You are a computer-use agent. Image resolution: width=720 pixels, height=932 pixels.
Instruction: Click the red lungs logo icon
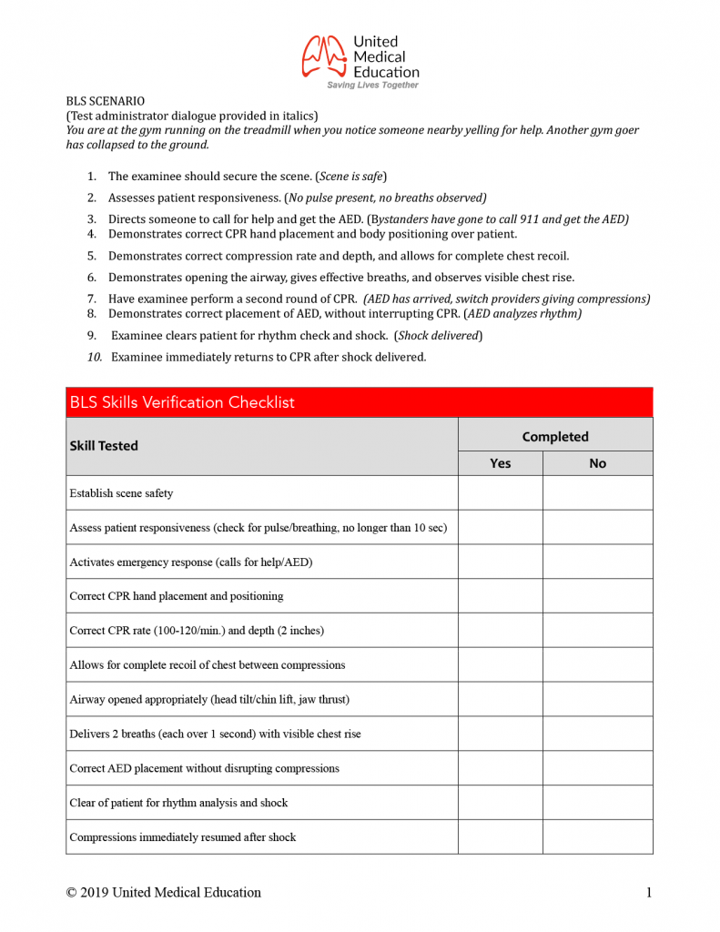pos(324,56)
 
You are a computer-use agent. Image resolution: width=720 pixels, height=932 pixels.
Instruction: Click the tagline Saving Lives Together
pos(373,85)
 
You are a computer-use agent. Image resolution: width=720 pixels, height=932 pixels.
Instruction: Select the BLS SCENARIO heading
pos(105,101)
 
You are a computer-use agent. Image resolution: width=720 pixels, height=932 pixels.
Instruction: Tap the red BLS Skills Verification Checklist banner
pos(359,402)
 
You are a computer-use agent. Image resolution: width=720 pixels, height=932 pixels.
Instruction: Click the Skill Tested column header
pos(104,446)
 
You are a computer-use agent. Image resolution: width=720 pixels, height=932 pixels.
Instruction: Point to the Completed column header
pos(554,437)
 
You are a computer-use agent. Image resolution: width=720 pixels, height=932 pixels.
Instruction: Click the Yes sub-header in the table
pos(500,463)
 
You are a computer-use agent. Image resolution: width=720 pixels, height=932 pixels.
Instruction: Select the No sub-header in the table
pos(597,463)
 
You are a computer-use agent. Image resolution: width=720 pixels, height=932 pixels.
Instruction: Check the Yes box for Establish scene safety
pos(500,493)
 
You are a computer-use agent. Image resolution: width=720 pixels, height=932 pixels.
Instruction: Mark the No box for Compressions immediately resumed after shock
pos(597,836)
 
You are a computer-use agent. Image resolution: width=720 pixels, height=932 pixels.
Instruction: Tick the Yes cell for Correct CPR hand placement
pos(500,596)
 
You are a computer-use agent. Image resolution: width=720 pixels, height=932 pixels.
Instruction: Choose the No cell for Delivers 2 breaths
pos(597,734)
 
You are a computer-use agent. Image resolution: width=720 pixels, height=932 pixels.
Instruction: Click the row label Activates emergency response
pos(190,562)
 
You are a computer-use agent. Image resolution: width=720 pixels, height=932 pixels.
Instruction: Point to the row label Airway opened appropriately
pos(208,699)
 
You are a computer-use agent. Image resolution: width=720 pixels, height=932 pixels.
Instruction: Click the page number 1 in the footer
pos(649,893)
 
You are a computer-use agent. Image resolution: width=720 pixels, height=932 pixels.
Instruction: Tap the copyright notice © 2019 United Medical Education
pos(163,893)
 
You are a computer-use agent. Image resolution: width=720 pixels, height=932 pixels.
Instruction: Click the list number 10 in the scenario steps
pos(95,358)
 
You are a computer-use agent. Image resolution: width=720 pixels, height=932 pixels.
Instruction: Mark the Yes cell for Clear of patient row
pos(500,803)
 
